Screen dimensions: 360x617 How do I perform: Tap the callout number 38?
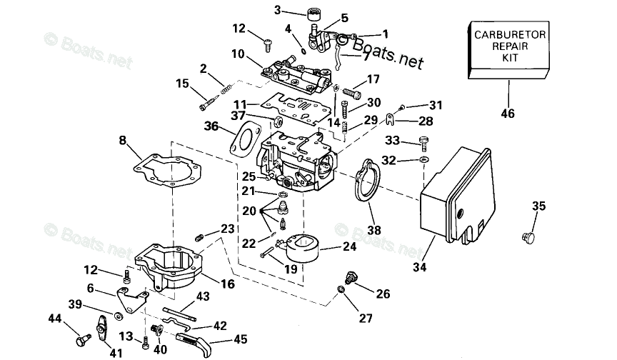[x=374, y=230]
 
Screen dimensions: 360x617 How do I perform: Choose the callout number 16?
[x=227, y=284]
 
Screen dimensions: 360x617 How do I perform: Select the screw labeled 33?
[x=424, y=141]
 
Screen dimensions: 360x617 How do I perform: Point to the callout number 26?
[x=383, y=294]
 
